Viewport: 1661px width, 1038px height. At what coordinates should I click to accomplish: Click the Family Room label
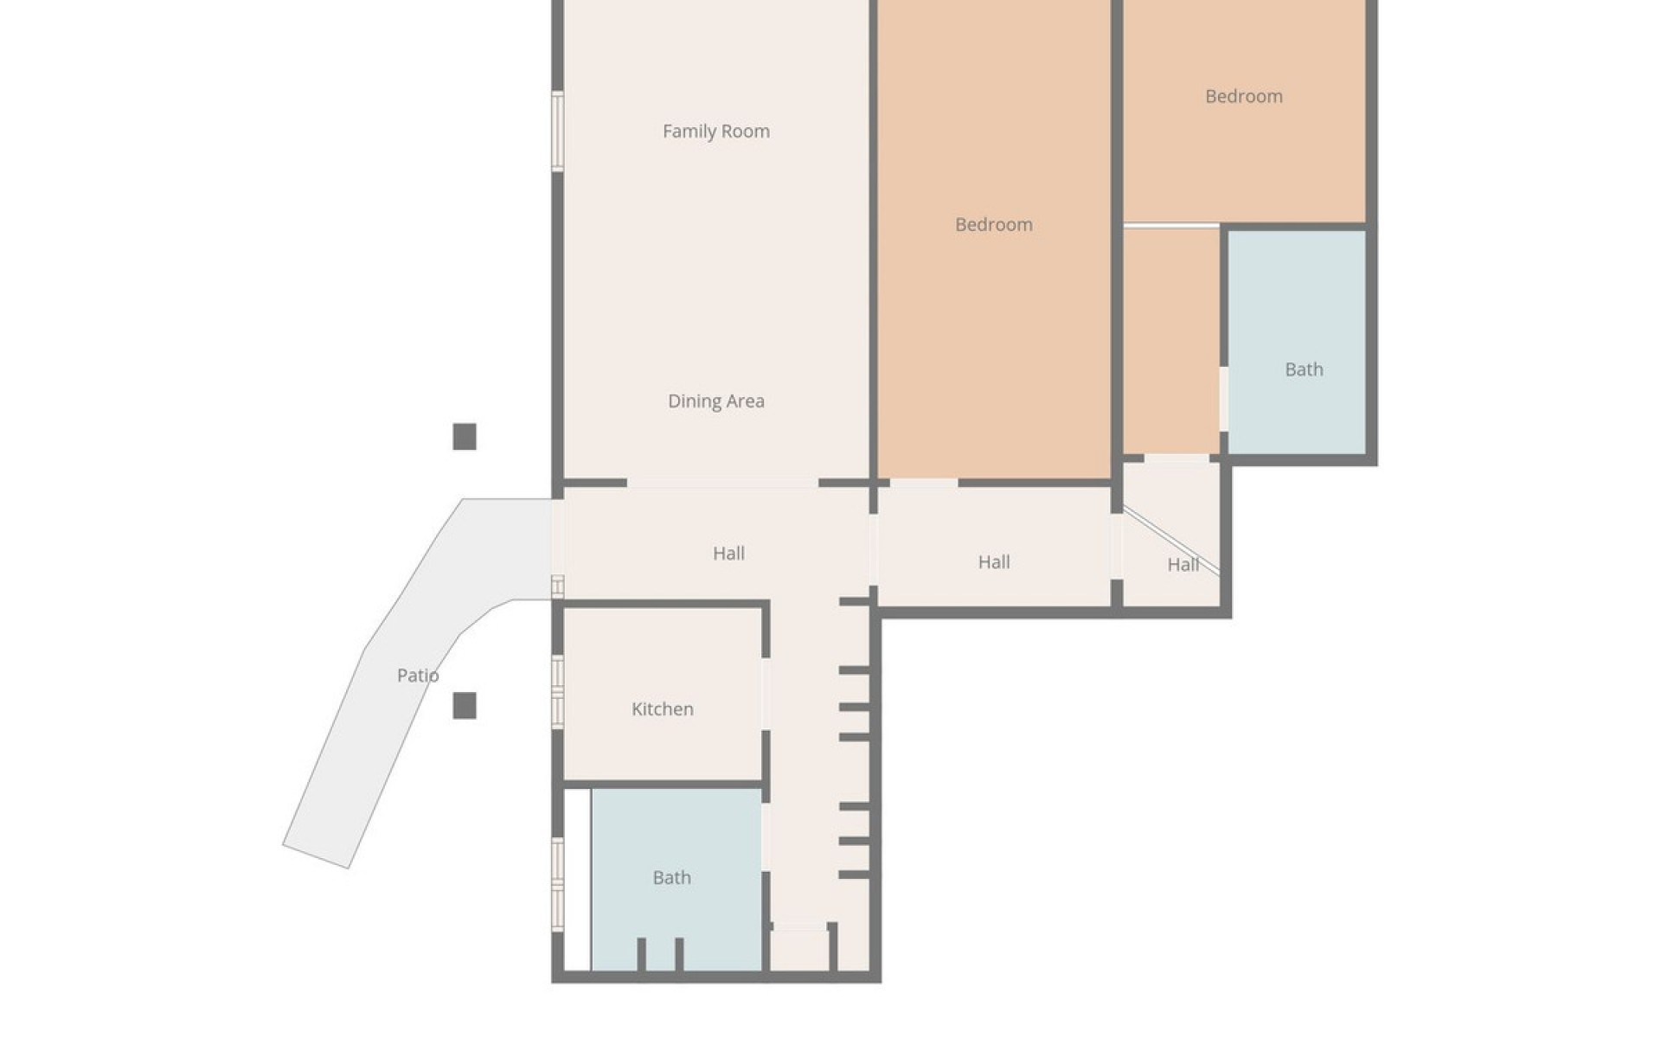click(x=715, y=131)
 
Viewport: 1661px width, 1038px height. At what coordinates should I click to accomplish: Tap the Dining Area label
click(x=715, y=401)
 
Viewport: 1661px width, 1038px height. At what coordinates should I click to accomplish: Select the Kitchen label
click(x=662, y=709)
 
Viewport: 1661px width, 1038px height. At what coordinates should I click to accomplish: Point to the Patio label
click(x=418, y=676)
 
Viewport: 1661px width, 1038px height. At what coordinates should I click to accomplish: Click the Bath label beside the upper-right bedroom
click(x=1304, y=370)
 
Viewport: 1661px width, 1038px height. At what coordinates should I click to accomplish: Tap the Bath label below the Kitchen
click(x=671, y=878)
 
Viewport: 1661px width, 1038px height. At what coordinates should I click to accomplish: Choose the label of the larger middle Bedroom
click(x=993, y=225)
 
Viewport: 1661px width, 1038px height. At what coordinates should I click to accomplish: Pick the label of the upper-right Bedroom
click(x=1243, y=96)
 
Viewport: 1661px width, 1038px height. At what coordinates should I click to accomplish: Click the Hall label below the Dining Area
click(x=728, y=554)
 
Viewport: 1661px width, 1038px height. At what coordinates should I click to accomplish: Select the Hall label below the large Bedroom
click(x=993, y=562)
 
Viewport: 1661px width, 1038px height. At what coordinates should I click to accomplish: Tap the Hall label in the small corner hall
click(x=1183, y=565)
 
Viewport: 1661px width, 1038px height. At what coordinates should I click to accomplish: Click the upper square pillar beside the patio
click(x=465, y=437)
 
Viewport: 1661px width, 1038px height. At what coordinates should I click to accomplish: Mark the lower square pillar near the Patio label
click(x=465, y=706)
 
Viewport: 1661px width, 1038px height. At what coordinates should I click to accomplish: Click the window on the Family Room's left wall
click(x=558, y=131)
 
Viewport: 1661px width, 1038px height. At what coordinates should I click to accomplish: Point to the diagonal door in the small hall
click(x=1170, y=541)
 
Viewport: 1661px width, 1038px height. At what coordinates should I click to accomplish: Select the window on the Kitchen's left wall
click(x=558, y=690)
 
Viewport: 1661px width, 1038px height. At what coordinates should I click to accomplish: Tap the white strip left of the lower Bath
click(x=578, y=879)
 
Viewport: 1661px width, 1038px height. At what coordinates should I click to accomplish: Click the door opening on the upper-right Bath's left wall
click(x=1223, y=399)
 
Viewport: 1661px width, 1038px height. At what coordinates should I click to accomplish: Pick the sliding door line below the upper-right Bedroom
click(x=1170, y=227)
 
